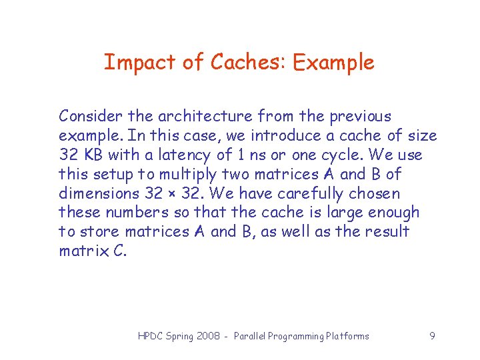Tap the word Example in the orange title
tap(333, 63)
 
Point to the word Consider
tap(89, 117)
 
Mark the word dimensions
tap(98, 194)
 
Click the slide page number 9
tap(432, 336)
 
